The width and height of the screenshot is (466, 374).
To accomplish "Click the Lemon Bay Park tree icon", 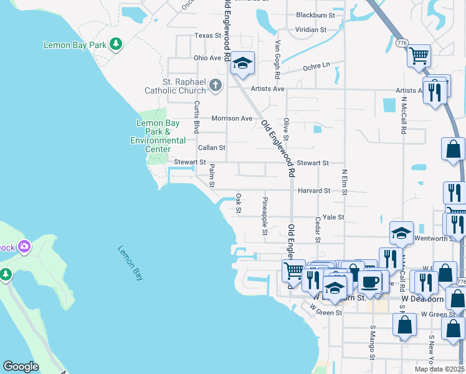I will [115, 44].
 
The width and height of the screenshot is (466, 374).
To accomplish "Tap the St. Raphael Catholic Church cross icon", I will [216, 85].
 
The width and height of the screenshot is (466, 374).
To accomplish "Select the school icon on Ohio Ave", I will [242, 63].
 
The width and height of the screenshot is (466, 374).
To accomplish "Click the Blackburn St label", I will [315, 14].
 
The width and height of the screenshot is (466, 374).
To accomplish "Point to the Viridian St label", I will [311, 29].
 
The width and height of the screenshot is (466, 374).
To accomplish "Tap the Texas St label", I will [207, 36].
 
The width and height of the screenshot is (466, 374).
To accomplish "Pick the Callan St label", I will [211, 148].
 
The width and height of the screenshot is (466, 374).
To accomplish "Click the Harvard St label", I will [313, 190].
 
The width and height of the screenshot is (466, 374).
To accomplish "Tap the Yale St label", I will [333, 217].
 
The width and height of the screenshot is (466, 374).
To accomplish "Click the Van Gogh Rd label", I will [278, 59].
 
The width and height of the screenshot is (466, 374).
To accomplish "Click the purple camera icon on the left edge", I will [24, 246].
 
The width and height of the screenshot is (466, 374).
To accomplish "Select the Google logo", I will [21, 367].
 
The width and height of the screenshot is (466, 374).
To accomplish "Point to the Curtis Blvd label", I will [196, 117].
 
